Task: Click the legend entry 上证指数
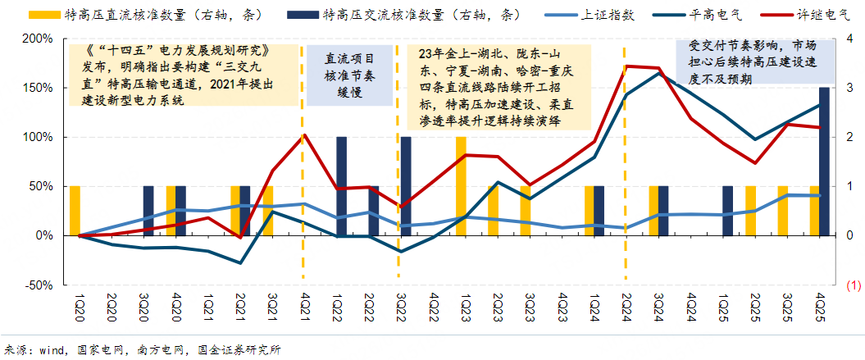[605, 15]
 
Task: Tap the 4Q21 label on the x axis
[304, 308]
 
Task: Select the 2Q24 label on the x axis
[626, 308]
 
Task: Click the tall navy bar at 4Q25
[824, 162]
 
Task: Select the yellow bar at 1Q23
[462, 186]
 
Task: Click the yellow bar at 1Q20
[75, 211]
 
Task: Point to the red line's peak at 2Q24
[626, 66]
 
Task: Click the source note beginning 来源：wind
[141, 350]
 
